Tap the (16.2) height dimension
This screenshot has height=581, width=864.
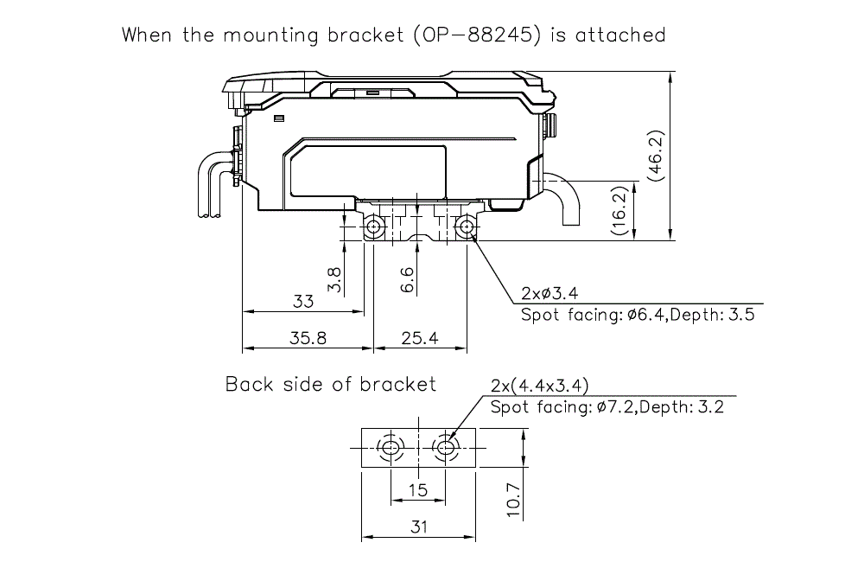[x=619, y=210]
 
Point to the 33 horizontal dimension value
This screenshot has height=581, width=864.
[x=302, y=302]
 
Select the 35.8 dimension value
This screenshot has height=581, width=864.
[x=308, y=339]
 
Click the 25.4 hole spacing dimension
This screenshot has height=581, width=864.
[x=420, y=339]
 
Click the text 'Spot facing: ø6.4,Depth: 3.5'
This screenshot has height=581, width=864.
[x=638, y=315]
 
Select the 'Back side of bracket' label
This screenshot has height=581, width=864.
[x=331, y=384]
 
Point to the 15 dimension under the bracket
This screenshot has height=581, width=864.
[x=418, y=490]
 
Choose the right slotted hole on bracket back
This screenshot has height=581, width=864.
[x=446, y=448]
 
